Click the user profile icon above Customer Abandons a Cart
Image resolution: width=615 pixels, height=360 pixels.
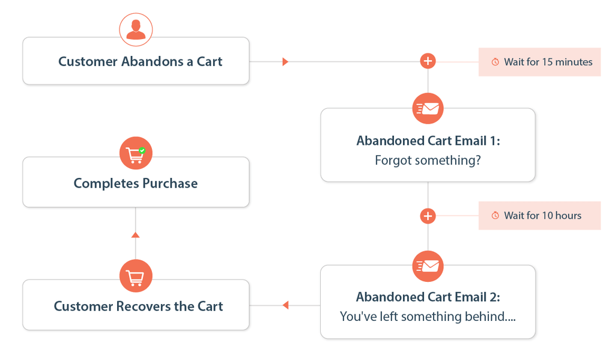[136, 29]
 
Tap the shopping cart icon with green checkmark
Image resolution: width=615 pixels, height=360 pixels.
[136, 153]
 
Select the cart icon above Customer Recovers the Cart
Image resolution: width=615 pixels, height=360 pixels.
[136, 276]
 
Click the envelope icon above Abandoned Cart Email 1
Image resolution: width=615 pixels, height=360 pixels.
[428, 108]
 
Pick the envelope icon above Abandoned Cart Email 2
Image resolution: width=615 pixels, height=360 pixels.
[428, 266]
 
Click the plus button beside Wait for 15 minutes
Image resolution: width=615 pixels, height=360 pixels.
[428, 61]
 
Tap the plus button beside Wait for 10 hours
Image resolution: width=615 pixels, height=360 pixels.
[428, 216]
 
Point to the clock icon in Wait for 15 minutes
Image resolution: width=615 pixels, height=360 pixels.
[495, 62]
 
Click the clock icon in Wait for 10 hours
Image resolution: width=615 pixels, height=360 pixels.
[495, 215]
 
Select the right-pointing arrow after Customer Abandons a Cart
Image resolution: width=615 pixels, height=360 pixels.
[285, 62]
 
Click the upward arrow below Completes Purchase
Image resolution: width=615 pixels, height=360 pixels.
[135, 235]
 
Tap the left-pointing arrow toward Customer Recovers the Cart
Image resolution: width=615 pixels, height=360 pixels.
[285, 305]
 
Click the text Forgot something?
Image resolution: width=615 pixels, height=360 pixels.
[428, 160]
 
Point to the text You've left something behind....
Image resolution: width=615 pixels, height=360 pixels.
[428, 316]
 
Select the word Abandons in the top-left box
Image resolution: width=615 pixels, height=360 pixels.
[152, 62]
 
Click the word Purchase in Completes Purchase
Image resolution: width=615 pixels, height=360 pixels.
[170, 183]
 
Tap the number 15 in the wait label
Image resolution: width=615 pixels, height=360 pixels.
[548, 62]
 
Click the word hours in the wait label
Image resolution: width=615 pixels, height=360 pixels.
[568, 216]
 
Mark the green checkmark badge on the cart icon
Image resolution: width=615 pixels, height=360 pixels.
[142, 150]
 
